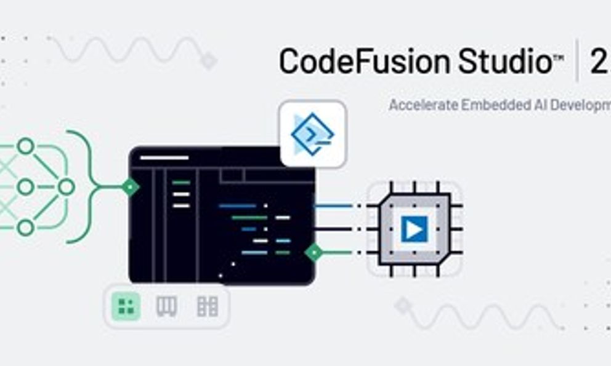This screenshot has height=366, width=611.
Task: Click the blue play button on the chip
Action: (414, 229)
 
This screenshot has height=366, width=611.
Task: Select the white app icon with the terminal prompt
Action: (313, 133)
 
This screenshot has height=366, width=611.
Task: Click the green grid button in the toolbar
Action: (126, 306)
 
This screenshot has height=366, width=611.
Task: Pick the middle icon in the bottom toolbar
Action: (166, 306)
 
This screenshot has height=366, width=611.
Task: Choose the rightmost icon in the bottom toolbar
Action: (207, 306)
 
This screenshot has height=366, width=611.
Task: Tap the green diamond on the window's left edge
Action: (129, 186)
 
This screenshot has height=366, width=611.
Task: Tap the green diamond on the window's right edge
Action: (314, 252)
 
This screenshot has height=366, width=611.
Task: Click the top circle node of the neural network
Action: (25, 146)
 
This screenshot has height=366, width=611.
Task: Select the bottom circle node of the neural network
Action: (25, 228)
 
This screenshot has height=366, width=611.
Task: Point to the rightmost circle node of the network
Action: (65, 186)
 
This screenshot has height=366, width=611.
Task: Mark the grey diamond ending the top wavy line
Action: (209, 60)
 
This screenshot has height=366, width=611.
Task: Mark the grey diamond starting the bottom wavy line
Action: (402, 306)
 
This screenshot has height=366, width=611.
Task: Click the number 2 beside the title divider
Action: (598, 62)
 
